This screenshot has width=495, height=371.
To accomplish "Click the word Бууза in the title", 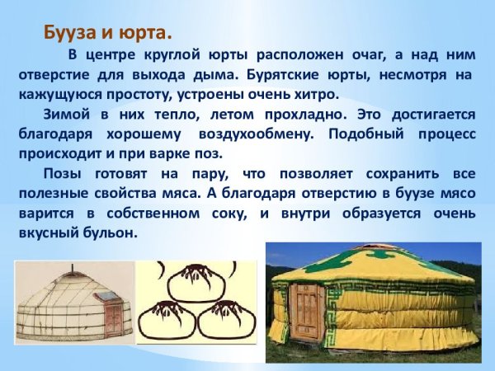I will (x=69, y=34).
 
